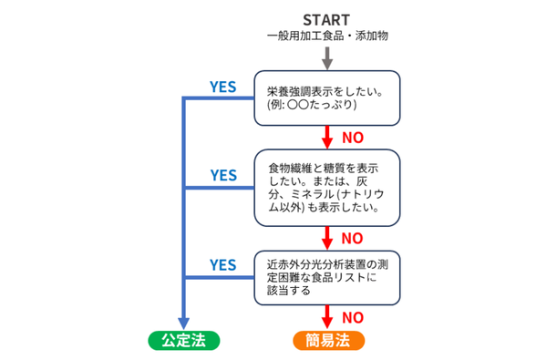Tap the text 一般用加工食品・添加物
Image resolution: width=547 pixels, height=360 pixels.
(327, 37)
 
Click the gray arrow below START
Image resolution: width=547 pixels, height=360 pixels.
(327, 57)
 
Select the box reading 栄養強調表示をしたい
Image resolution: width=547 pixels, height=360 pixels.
(327, 98)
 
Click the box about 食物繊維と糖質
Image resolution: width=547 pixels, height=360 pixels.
(327, 189)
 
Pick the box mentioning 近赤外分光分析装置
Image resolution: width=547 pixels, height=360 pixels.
(327, 277)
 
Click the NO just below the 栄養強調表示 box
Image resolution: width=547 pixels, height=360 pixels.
(353, 139)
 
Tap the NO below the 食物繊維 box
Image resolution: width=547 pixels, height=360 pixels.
(353, 238)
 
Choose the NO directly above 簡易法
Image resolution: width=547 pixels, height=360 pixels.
(353, 317)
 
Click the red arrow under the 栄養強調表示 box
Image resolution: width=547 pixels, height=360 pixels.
(327, 139)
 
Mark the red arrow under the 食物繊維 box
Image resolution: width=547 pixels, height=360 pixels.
(327, 237)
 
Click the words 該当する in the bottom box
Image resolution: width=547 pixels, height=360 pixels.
(290, 292)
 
